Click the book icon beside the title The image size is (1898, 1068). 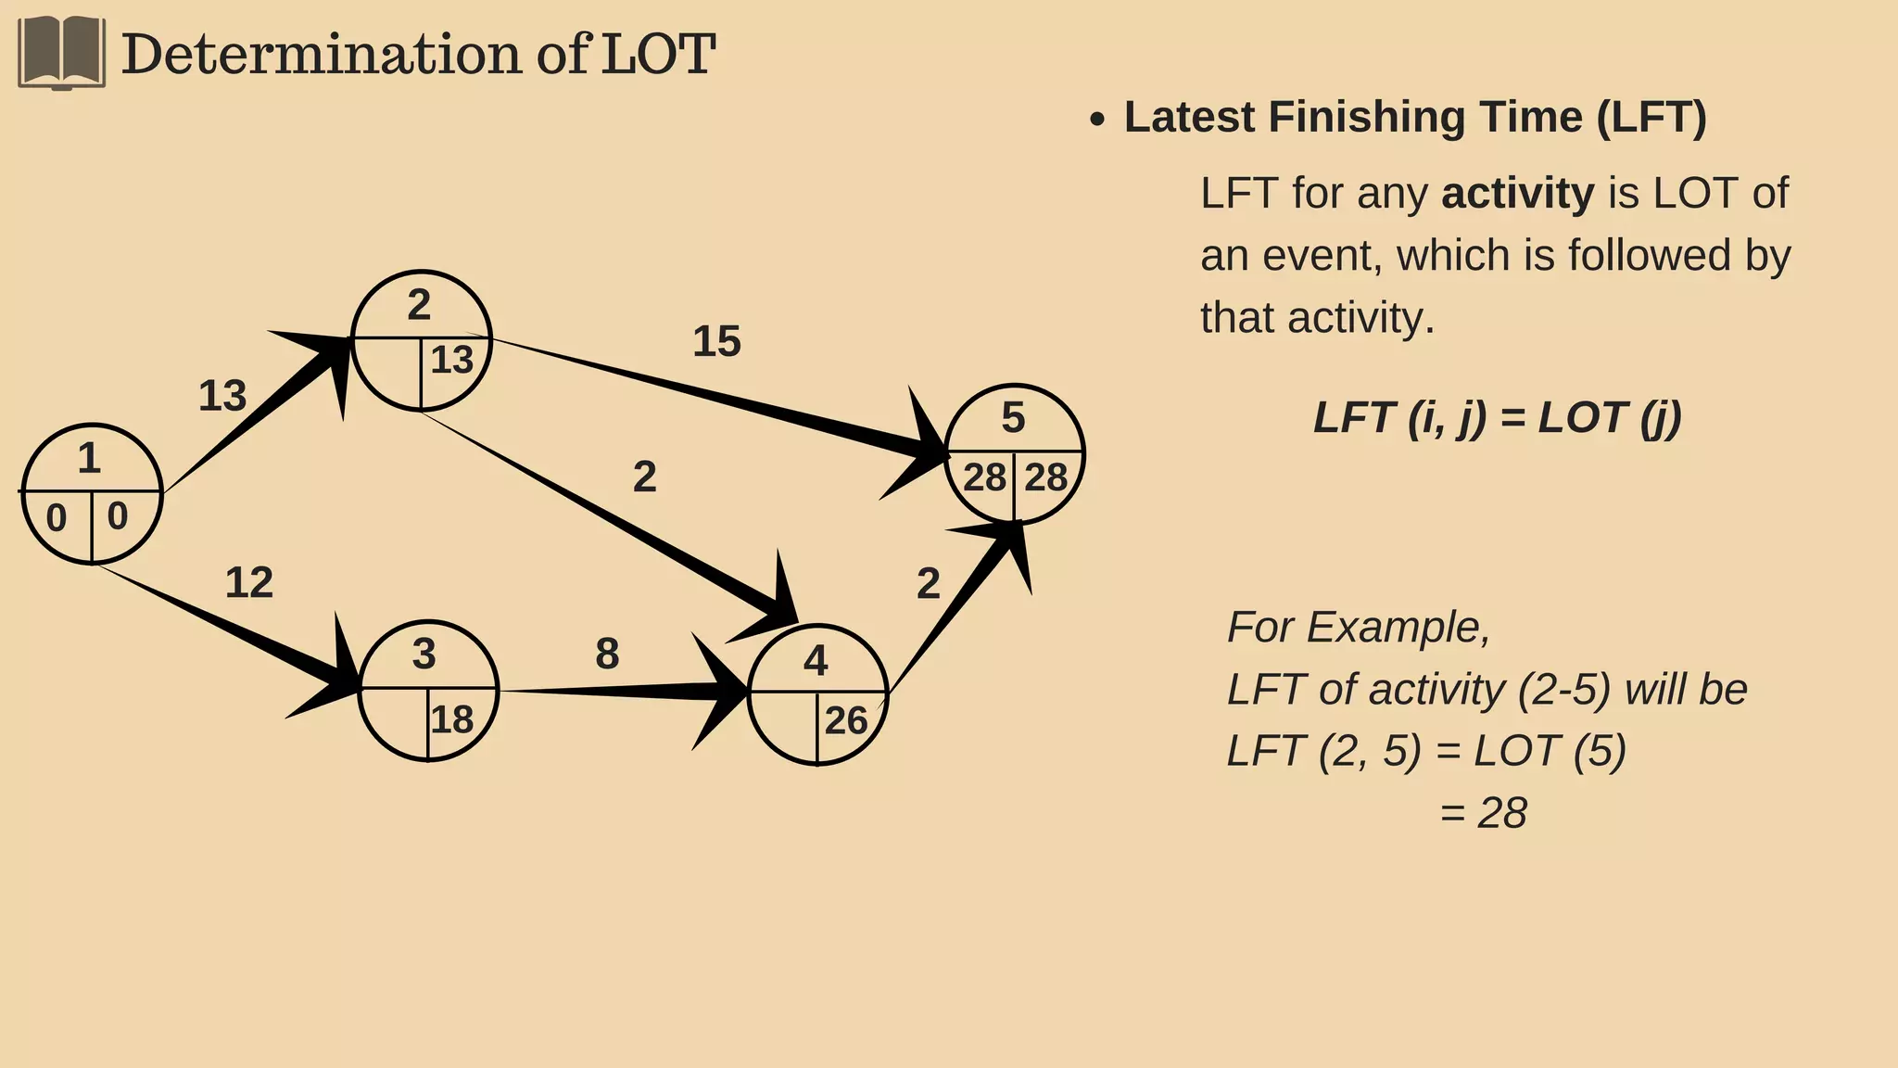(x=61, y=53)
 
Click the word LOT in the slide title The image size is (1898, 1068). (x=658, y=54)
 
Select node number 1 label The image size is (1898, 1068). (x=89, y=458)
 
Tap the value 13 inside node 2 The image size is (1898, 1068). (x=451, y=360)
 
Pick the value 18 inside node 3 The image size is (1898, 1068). (x=451, y=719)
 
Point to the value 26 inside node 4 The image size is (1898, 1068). (x=845, y=720)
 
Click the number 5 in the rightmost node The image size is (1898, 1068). (x=1013, y=418)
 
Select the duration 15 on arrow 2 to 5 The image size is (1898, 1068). (x=716, y=341)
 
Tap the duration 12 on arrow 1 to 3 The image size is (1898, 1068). (x=249, y=582)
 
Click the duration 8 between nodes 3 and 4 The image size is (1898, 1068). (x=607, y=654)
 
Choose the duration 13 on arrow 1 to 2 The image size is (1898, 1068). (x=222, y=396)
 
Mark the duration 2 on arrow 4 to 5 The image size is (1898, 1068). (x=928, y=583)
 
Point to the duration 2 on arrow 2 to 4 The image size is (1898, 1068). (x=644, y=477)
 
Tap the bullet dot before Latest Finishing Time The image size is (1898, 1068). (x=1097, y=120)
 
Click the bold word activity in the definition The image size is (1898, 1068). (x=1517, y=194)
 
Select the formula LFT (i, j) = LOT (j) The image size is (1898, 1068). (x=1497, y=417)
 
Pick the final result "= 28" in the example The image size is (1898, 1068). (x=1483, y=813)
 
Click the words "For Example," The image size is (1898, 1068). (x=1358, y=628)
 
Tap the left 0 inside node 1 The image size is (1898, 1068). (x=57, y=518)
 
